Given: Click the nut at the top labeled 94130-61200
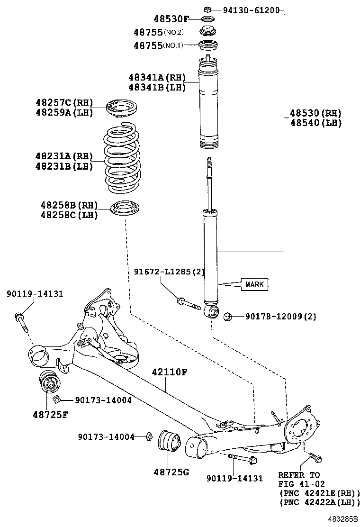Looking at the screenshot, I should pyautogui.click(x=207, y=9).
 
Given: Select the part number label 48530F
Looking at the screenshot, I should pyautogui.click(x=171, y=19).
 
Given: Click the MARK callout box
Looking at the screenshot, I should pyautogui.click(x=254, y=284).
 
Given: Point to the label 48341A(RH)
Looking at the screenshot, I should pyautogui.click(x=156, y=77).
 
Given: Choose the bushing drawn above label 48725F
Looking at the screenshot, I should pyautogui.click(x=48, y=382).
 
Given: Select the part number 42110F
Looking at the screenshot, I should pyautogui.click(x=170, y=373).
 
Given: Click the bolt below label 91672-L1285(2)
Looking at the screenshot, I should pyautogui.click(x=189, y=302).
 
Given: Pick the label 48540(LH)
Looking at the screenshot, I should pyautogui.click(x=315, y=123).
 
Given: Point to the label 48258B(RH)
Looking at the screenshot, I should pyautogui.click(x=69, y=205).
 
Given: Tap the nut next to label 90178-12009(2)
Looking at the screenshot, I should pyautogui.click(x=227, y=316).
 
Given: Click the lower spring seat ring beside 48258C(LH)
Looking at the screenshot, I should pyautogui.click(x=125, y=208).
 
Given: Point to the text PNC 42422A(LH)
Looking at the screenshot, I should pyautogui.click(x=319, y=502).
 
